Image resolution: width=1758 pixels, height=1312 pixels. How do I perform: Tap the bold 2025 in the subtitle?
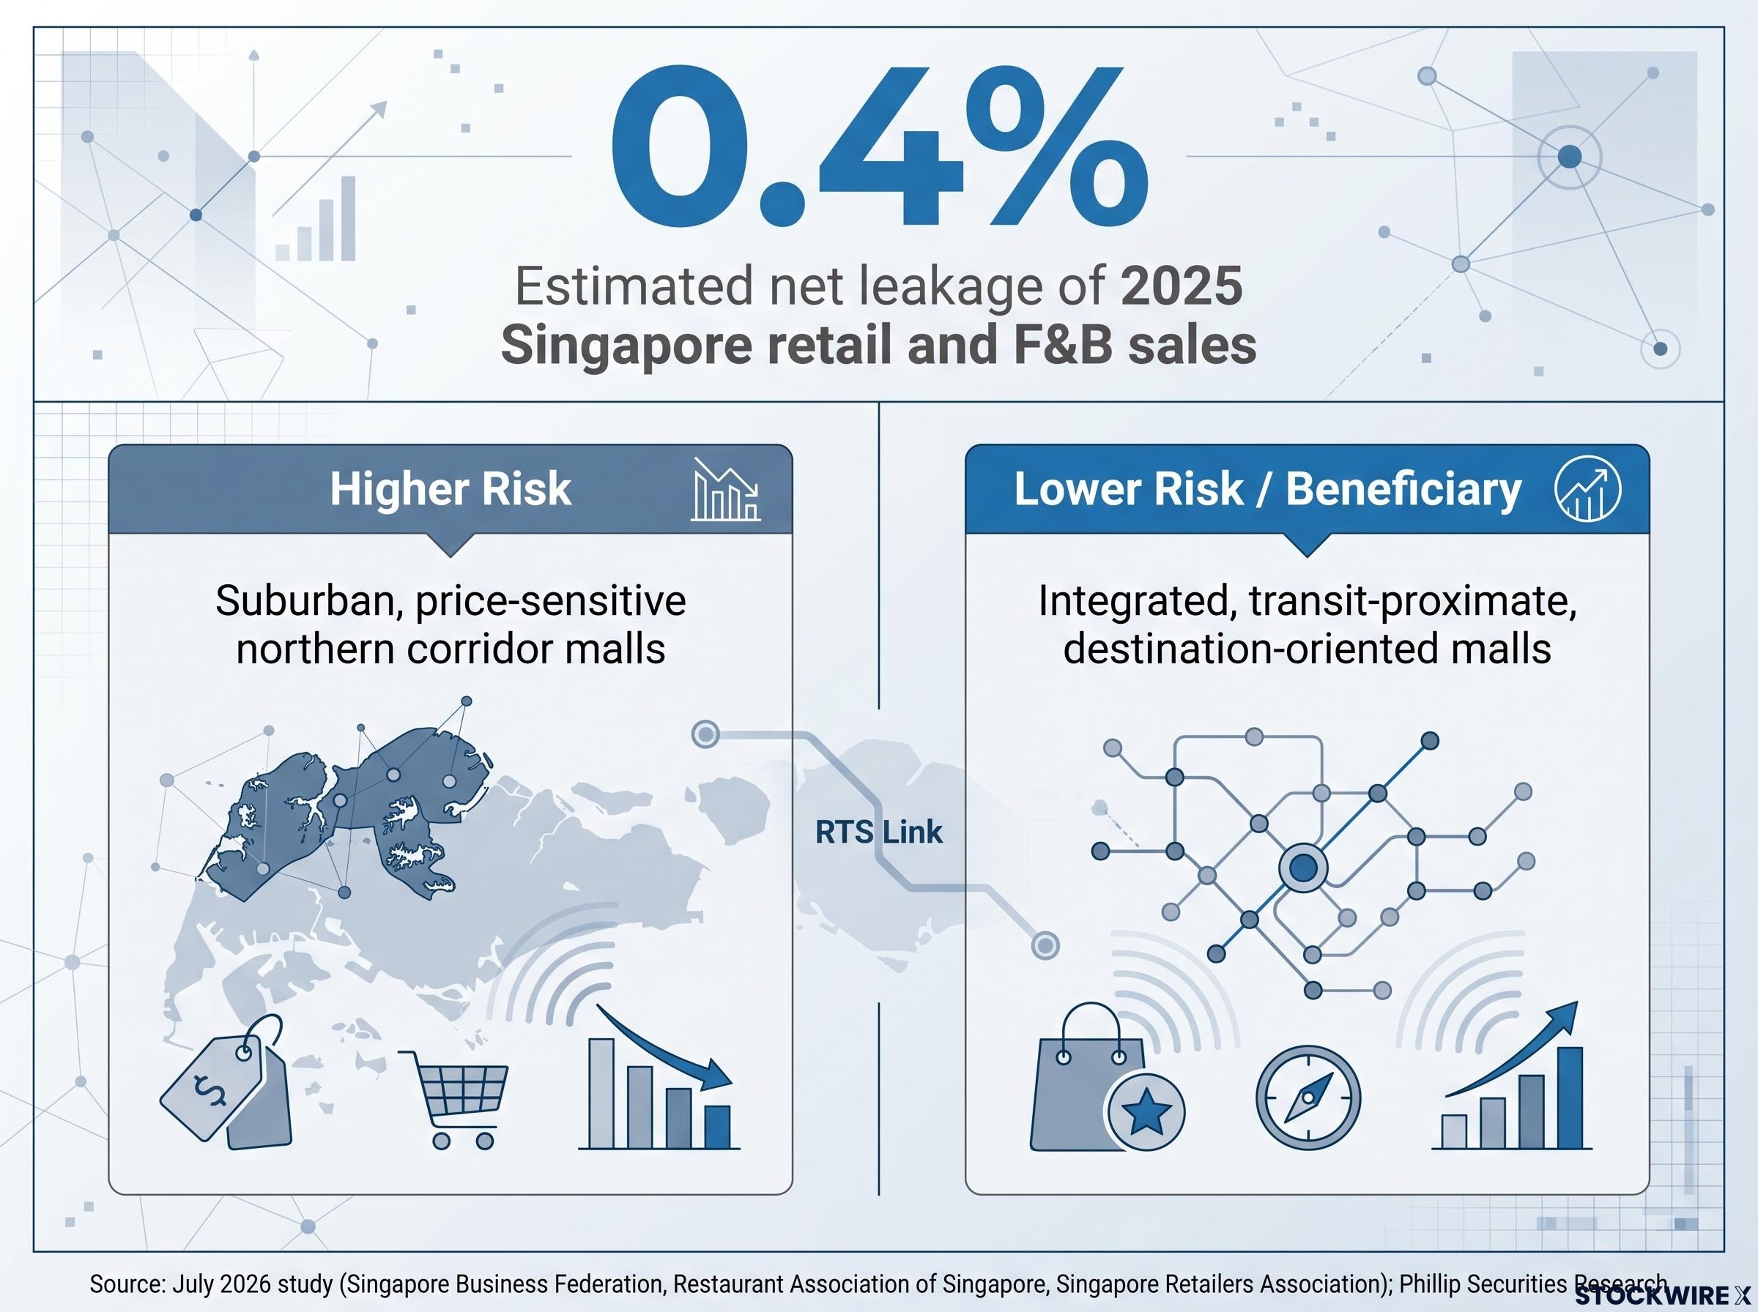(x=1182, y=288)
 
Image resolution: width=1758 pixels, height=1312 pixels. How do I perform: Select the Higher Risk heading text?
(x=450, y=488)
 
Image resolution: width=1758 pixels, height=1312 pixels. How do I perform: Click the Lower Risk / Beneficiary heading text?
(x=1267, y=488)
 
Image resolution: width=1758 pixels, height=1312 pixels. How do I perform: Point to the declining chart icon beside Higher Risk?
(x=726, y=489)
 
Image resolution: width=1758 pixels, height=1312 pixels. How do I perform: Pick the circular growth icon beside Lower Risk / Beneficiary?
(x=1588, y=489)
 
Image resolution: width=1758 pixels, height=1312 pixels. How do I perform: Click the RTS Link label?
(x=878, y=832)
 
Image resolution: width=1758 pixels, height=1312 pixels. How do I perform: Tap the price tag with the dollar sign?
(x=226, y=1081)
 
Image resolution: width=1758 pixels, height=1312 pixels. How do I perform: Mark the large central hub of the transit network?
(x=1303, y=868)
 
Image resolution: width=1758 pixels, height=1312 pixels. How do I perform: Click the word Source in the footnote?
(x=125, y=1284)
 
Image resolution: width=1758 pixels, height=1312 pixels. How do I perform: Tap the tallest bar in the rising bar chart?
(x=1569, y=1097)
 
